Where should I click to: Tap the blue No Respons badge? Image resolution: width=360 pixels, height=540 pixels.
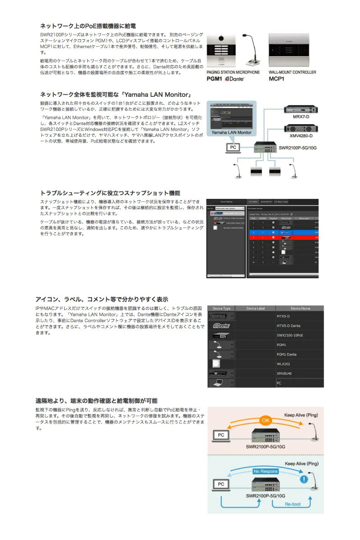pos(265,471)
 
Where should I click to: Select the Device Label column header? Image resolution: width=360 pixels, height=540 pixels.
pos(255,308)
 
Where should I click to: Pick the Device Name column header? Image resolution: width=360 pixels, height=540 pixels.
pos(300,308)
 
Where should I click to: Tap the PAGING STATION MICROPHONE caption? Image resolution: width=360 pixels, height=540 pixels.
pos(233,72)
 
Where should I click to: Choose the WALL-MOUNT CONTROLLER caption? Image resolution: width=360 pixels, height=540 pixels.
pos(292,72)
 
